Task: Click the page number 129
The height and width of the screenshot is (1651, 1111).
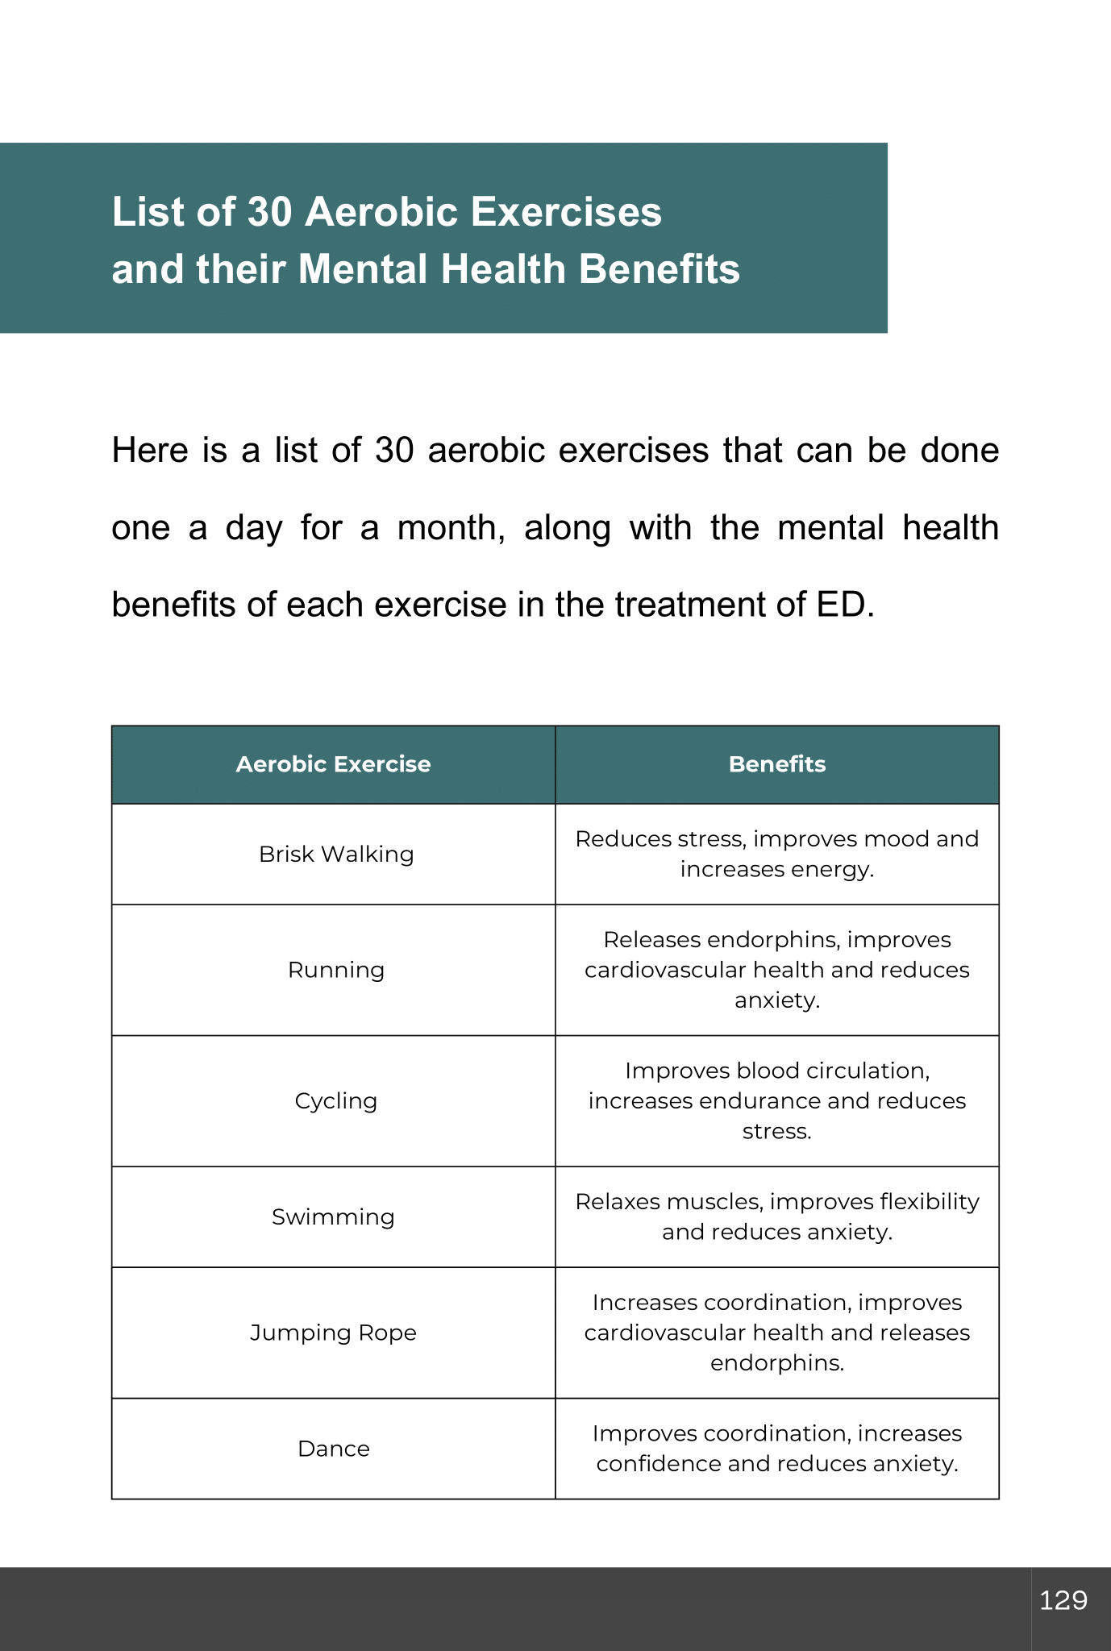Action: click(x=1063, y=1600)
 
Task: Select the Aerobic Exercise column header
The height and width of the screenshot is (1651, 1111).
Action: click(x=333, y=764)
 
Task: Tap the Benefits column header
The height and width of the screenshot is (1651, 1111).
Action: click(x=776, y=764)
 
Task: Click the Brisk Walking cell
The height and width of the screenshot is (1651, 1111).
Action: click(x=336, y=854)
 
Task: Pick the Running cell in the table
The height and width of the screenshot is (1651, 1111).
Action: click(x=336, y=969)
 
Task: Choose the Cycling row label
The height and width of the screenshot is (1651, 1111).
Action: click(x=336, y=1100)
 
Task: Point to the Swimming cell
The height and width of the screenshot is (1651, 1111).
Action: click(x=333, y=1216)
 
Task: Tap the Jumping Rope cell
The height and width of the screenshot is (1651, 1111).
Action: click(x=333, y=1333)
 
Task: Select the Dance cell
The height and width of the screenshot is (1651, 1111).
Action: click(x=333, y=1449)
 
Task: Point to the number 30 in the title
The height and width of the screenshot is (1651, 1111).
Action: click(x=269, y=213)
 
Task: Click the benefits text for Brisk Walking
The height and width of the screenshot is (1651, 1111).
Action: click(x=776, y=854)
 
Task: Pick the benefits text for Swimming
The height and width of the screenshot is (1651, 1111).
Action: click(x=776, y=1216)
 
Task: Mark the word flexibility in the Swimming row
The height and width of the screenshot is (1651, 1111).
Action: click(x=929, y=1201)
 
